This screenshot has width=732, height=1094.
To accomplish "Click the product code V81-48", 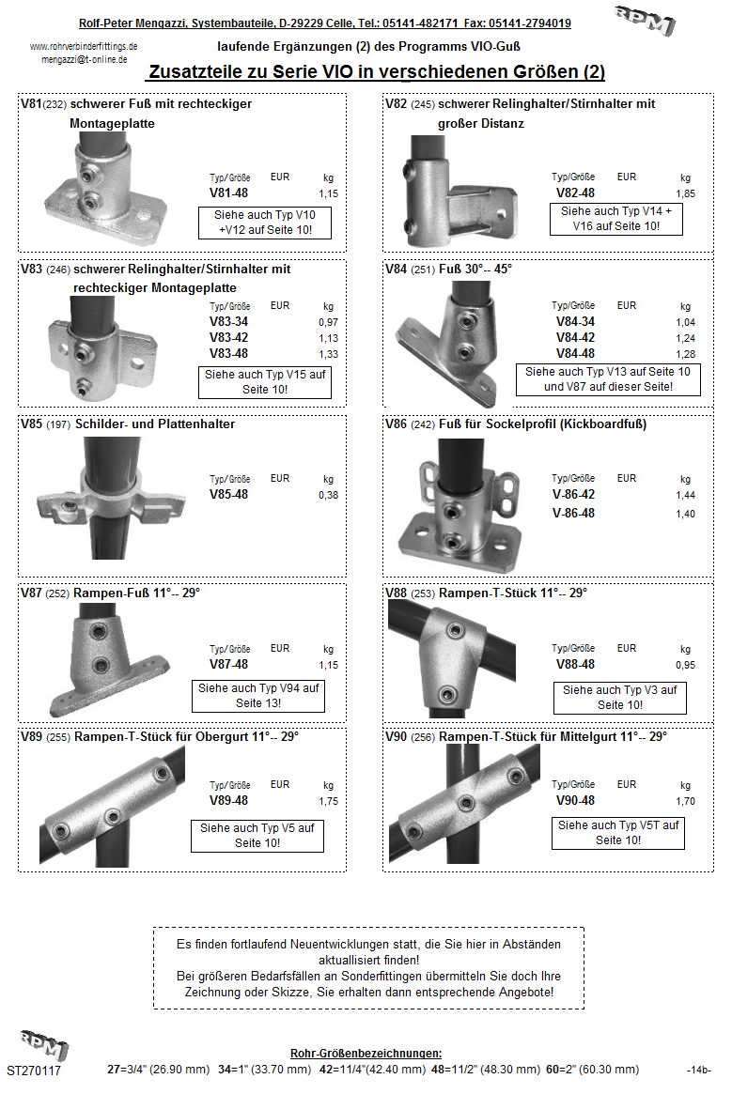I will (x=228, y=193).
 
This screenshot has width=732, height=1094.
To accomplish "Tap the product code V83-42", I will (x=228, y=339).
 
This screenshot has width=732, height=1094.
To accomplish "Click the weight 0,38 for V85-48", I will (x=328, y=494).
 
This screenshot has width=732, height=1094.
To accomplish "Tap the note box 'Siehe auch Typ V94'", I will (x=258, y=696).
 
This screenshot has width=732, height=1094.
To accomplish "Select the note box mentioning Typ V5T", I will (x=619, y=833).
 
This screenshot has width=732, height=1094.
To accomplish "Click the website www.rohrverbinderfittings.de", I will (x=85, y=46).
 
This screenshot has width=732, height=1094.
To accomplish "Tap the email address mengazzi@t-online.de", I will (x=85, y=58).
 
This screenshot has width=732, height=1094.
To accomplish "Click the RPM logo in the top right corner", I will (x=645, y=20).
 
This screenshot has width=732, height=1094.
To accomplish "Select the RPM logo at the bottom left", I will (x=44, y=1044).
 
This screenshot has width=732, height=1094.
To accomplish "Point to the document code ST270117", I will (x=34, y=1071).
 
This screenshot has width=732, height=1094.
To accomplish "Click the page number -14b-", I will (x=698, y=1071).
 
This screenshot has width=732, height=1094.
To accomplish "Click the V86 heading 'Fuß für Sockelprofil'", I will (x=542, y=424).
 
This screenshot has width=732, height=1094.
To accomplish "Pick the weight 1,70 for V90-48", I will (x=685, y=801).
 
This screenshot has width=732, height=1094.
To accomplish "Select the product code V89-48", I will (x=228, y=801).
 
